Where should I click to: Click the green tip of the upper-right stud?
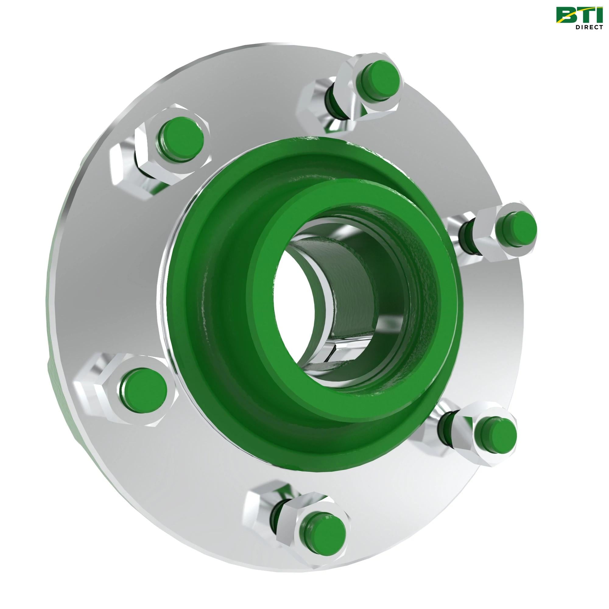[516, 225]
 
